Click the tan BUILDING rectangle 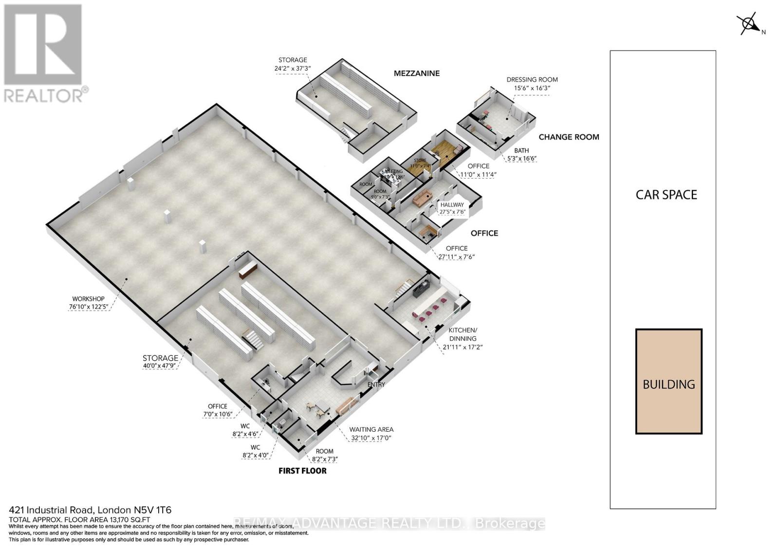[x=668, y=381]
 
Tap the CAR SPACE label [x=666, y=195]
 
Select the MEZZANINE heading [x=416, y=73]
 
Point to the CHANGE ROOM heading [x=569, y=137]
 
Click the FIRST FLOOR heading [x=302, y=471]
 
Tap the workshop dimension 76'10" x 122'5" [x=88, y=307]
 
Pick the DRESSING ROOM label [x=532, y=79]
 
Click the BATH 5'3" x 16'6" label [x=521, y=154]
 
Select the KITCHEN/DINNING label [x=463, y=334]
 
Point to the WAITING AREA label [x=371, y=429]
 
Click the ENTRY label [x=376, y=385]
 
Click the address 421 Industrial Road [x=90, y=510]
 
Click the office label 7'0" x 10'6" [x=218, y=414]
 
